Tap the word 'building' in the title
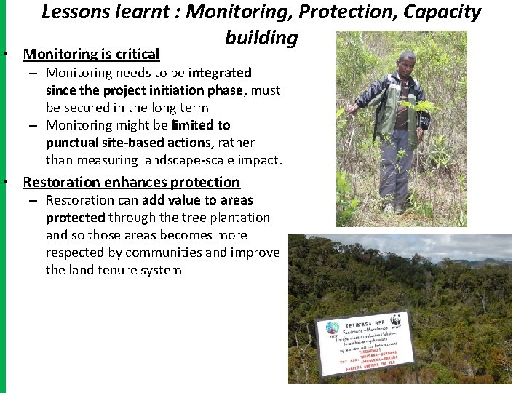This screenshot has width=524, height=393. (261, 37)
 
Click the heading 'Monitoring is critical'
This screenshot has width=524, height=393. (91, 54)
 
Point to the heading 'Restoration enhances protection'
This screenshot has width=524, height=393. (131, 182)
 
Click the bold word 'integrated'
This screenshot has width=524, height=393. (220, 73)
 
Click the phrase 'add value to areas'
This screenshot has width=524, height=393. (197, 200)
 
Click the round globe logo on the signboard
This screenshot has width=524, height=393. (333, 328)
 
